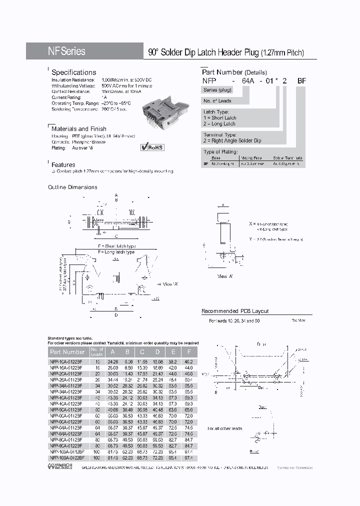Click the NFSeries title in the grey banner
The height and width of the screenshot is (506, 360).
tap(66, 51)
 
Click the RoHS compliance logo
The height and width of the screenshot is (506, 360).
tap(152, 147)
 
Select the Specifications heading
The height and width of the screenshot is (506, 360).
tap(73, 72)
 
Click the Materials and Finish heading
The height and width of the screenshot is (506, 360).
tap(79, 128)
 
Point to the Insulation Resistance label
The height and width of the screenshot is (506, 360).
tap(73, 80)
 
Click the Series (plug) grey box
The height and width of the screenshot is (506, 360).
tap(217, 89)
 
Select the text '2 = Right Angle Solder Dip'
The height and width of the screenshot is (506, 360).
tap(232, 141)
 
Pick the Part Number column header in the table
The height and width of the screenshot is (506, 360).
tap(67, 352)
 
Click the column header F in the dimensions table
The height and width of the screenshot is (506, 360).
tap(189, 352)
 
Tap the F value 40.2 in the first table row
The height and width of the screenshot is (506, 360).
tap(189, 361)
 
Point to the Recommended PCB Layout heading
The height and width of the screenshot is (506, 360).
tap(235, 311)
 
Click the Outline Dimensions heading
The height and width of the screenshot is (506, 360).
tap(72, 187)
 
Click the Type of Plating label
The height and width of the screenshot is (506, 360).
tap(220, 151)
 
